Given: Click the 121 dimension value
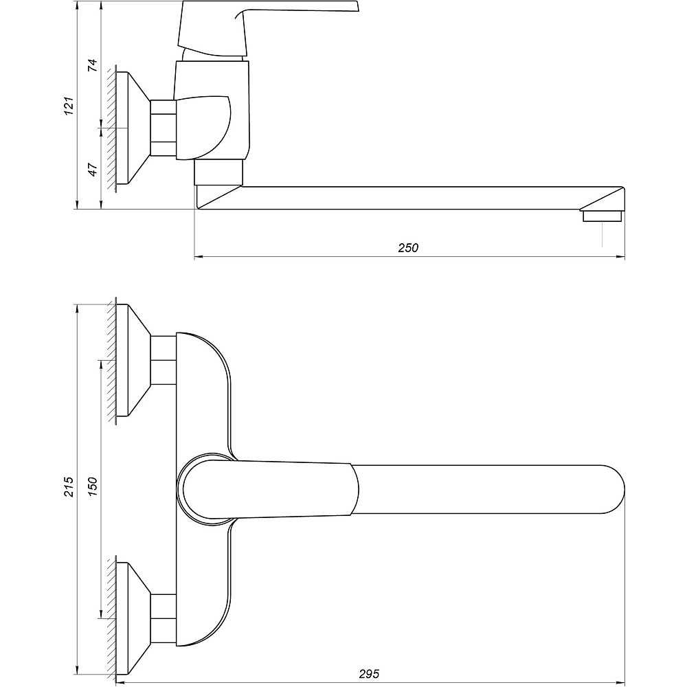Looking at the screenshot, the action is (x=69, y=106).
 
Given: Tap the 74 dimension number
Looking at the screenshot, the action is (x=93, y=65).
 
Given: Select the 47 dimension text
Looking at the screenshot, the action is (x=93, y=169).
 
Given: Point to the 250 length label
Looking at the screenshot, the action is (x=408, y=248).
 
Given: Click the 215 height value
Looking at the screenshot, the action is (x=69, y=486).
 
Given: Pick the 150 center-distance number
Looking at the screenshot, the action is (x=93, y=486).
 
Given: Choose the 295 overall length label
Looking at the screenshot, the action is (x=369, y=674).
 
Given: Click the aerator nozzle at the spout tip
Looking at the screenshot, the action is (x=602, y=216).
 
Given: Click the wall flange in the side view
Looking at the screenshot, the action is (x=134, y=128).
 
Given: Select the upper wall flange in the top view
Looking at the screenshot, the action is (x=134, y=360).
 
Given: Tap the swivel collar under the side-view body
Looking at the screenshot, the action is (x=218, y=172).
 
